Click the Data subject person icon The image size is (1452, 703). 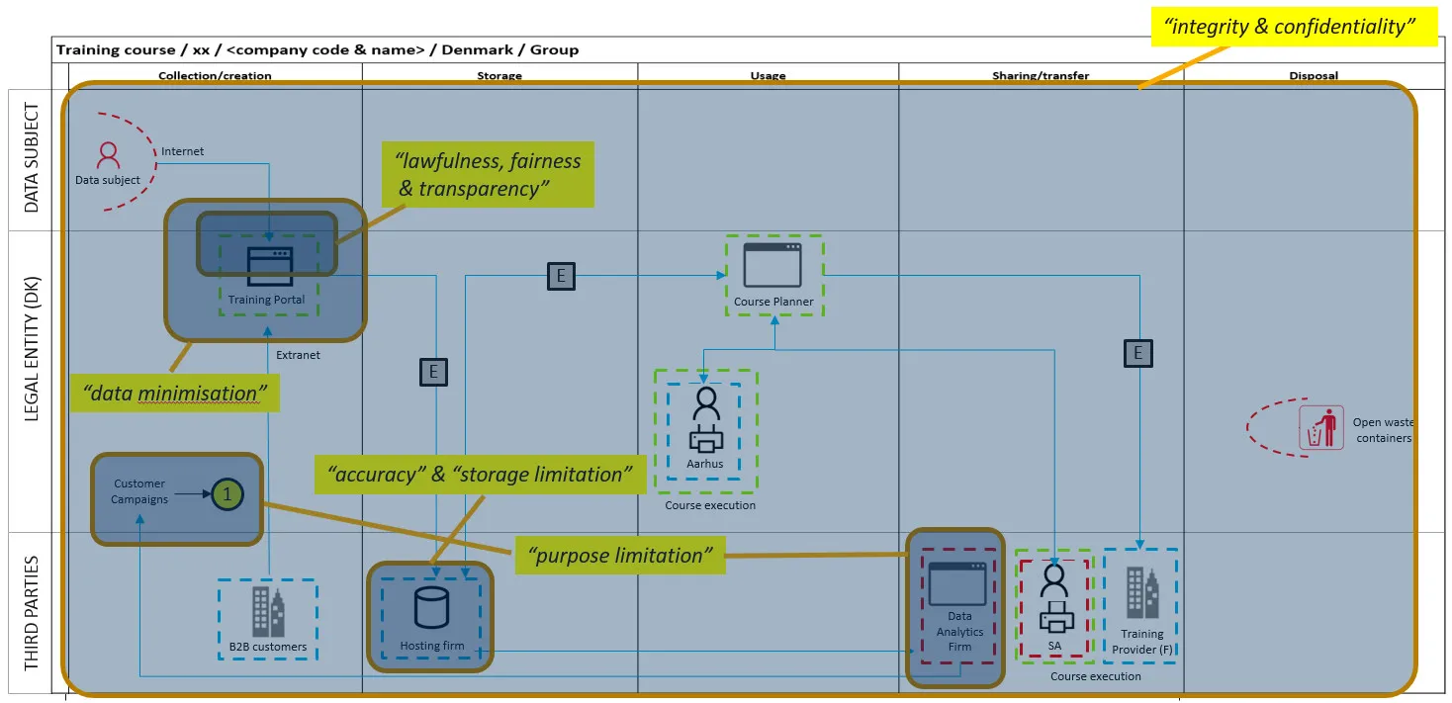pos(108,155)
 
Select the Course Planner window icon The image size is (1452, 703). pos(772,264)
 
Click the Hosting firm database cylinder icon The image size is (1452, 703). pos(431,606)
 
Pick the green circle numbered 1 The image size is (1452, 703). pos(227,492)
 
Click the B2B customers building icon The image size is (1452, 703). pos(267,611)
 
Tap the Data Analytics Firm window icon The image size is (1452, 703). pos(956,583)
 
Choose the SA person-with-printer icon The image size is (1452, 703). pos(1055,597)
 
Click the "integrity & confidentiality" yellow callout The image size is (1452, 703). pos(1294,27)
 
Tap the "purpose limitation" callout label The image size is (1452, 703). pos(619,556)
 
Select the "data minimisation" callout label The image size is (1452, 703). pos(174,394)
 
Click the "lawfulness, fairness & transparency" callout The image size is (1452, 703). pos(488,174)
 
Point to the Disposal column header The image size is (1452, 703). pos(1314,75)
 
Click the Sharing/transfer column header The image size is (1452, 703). pos(1041,75)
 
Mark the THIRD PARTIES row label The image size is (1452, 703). pos(33,613)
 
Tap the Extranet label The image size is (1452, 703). pos(298,355)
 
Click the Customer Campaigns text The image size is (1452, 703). pos(139,491)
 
